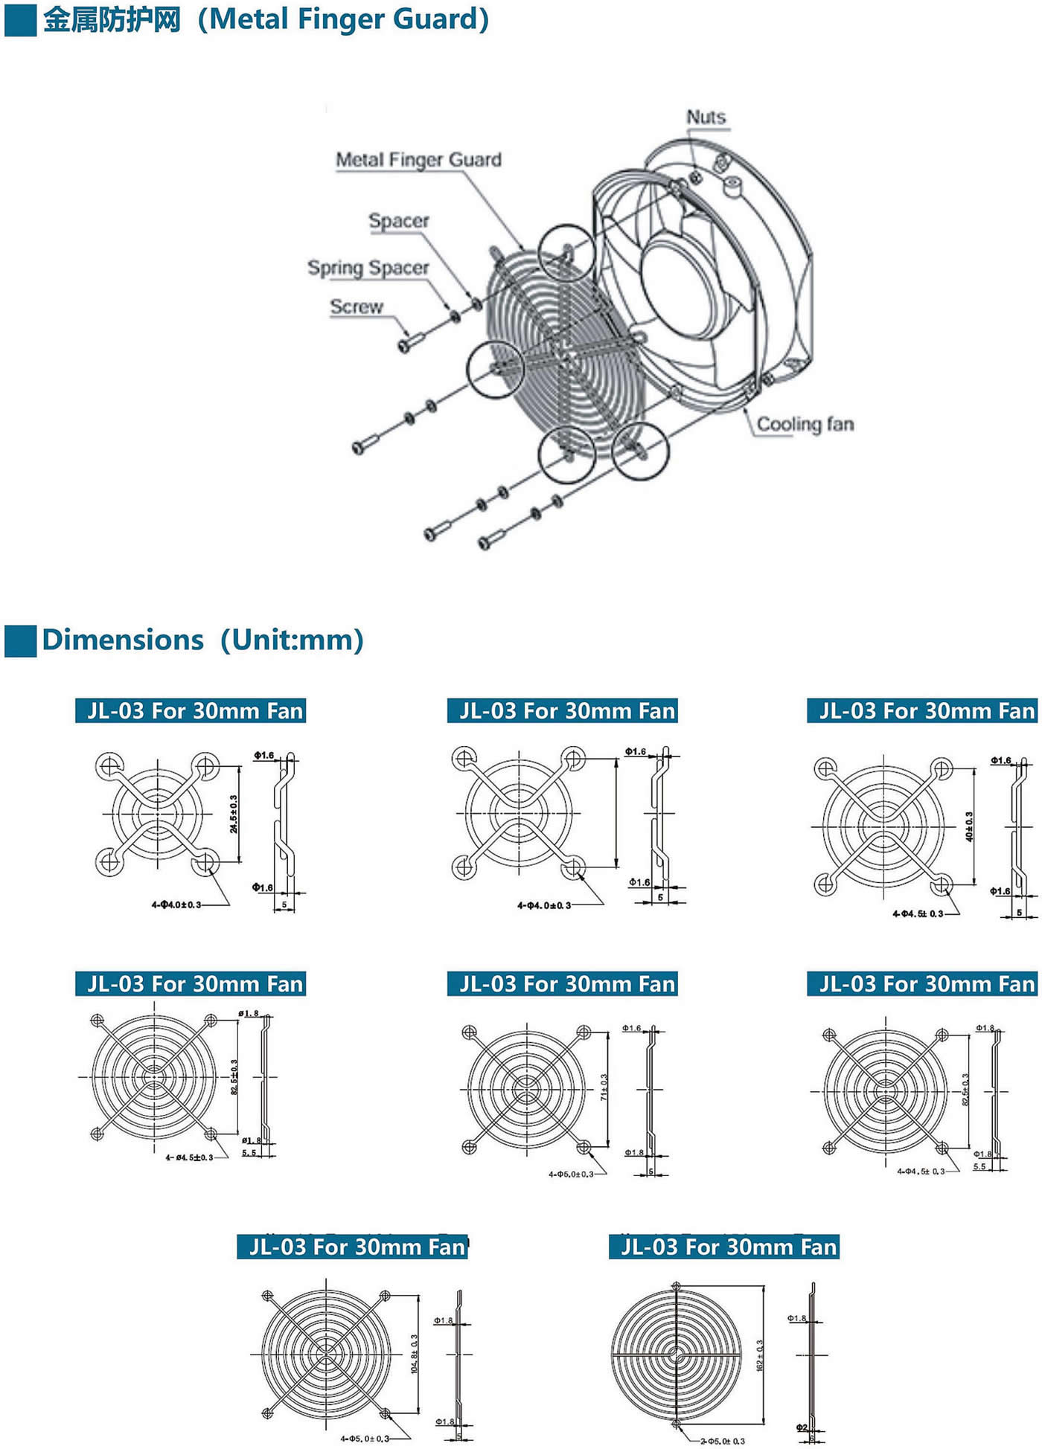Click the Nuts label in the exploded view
706,118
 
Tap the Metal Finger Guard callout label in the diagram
418,160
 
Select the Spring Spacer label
368,268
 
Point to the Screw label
357,306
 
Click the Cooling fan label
805,424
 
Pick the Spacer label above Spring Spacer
399,221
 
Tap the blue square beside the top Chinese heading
20,20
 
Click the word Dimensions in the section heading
123,640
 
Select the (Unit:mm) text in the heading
292,640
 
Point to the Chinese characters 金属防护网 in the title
112,20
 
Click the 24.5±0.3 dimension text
234,814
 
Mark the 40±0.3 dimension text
969,826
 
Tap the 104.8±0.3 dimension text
414,1354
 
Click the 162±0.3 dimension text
760,1355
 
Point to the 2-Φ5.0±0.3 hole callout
722,1441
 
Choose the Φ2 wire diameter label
801,1427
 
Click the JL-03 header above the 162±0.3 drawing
724,1247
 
